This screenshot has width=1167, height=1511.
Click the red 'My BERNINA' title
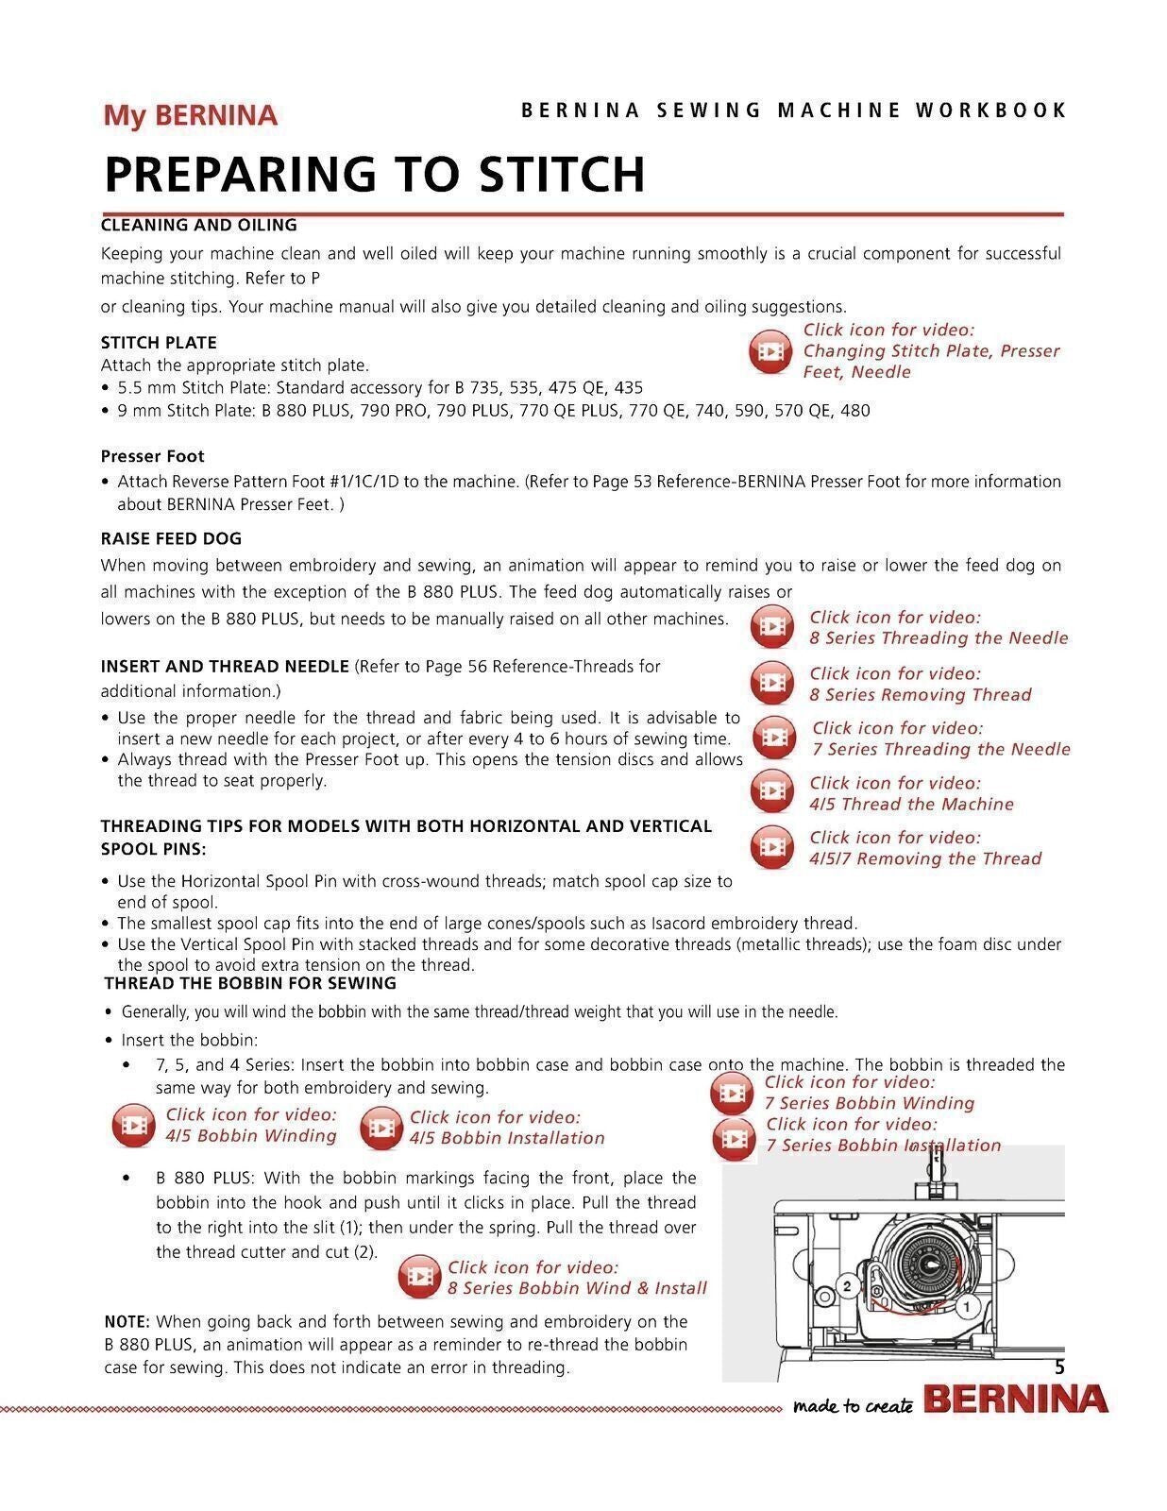pos(190,115)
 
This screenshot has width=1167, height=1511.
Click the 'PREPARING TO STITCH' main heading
pos(374,174)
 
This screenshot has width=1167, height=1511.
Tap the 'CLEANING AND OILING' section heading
pos(198,225)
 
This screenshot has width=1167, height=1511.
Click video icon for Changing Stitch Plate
pos(770,351)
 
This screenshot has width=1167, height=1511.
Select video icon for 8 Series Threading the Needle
pos(772,627)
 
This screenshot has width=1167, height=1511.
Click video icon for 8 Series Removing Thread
pos(772,683)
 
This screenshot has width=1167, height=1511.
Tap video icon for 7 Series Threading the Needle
pos(773,738)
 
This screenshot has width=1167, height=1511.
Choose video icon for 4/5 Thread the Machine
pos(772,792)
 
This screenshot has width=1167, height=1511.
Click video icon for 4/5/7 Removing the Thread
pos(772,847)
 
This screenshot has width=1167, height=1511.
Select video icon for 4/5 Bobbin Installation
pos(381,1128)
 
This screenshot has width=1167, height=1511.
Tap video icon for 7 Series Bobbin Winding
pos(732,1094)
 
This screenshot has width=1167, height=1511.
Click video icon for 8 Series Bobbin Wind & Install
pos(419,1278)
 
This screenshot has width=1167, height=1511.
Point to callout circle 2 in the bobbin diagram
pos(847,1286)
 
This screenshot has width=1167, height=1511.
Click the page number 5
pos(1059,1367)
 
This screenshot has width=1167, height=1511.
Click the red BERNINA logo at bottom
pos(1015,1400)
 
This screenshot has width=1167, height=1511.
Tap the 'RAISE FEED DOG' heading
pos(171,538)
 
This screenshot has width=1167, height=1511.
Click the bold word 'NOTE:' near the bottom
pos(127,1321)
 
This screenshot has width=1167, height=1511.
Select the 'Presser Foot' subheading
pos(152,456)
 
